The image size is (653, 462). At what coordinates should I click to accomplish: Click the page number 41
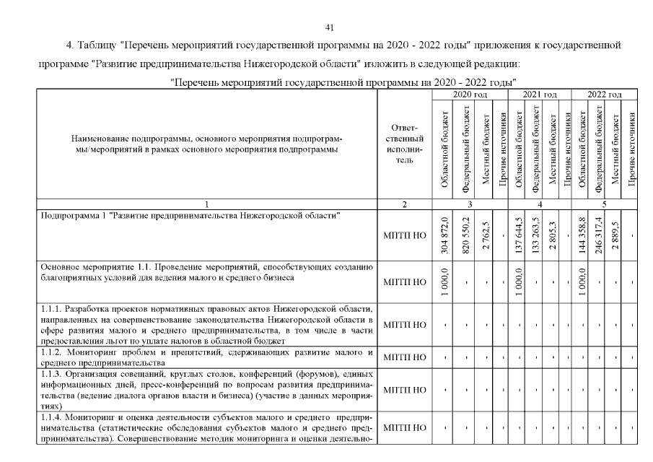click(x=330, y=27)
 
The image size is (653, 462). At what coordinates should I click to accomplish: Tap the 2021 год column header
click(x=540, y=95)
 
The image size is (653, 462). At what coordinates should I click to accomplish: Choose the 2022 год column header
click(x=605, y=95)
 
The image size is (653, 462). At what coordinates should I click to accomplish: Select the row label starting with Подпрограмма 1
click(x=190, y=216)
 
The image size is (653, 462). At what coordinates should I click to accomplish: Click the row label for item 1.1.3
click(x=206, y=390)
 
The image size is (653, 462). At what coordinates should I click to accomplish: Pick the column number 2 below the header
click(x=405, y=205)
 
